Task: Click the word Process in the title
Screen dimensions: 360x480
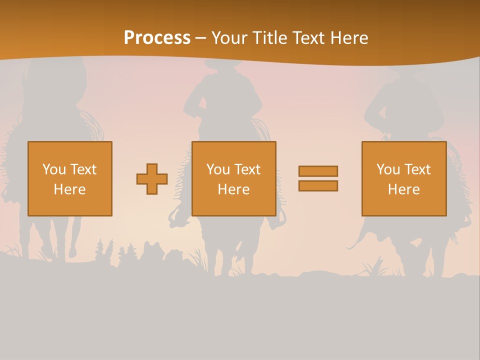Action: [157, 38]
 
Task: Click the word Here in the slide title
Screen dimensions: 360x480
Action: [350, 38]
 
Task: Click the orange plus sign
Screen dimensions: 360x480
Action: [152, 179]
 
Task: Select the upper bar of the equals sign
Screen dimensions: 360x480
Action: [318, 171]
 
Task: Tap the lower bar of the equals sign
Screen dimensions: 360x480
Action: [318, 186]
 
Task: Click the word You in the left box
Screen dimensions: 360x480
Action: [54, 169]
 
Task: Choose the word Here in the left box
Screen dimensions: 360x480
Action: [69, 189]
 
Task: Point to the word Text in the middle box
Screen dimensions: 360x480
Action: [247, 169]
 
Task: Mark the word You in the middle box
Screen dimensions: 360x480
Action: [218, 169]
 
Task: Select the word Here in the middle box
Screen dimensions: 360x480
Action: [233, 189]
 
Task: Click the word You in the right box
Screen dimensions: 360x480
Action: [388, 169]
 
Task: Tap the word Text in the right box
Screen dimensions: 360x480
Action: [417, 169]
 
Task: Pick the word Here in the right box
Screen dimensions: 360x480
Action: [403, 189]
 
